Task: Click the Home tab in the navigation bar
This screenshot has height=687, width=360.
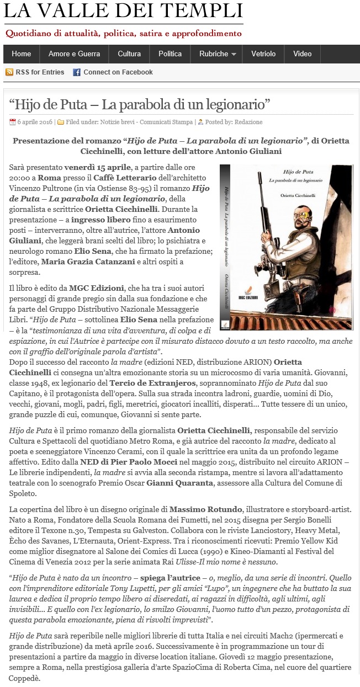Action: tap(21, 54)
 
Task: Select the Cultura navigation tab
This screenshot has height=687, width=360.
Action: tap(129, 54)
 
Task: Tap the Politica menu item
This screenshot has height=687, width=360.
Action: tap(170, 54)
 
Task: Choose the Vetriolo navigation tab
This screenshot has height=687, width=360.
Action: tap(263, 54)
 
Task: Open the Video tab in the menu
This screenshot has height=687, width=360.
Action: tap(303, 54)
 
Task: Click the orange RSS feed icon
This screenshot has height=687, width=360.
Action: tap(9, 72)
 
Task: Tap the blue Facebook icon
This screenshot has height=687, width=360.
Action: tap(77, 72)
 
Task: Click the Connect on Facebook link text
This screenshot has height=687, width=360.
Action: tap(118, 72)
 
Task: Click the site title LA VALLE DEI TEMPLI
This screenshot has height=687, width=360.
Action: tap(123, 10)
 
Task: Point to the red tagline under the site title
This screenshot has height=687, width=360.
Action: tap(123, 33)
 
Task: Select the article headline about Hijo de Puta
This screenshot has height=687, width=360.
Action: tap(140, 103)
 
